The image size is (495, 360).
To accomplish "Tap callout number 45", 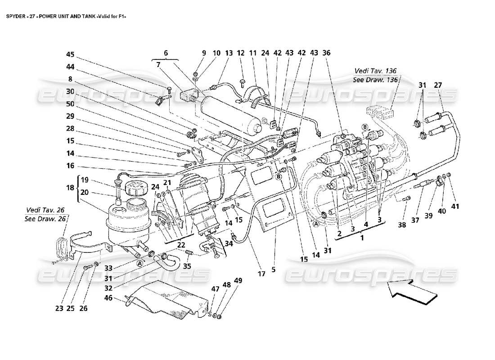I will point(70,55).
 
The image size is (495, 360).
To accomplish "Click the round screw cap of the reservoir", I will point(133,187).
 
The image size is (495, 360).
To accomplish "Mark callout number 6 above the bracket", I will point(165,53).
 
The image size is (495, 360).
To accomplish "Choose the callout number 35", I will point(186,266).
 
